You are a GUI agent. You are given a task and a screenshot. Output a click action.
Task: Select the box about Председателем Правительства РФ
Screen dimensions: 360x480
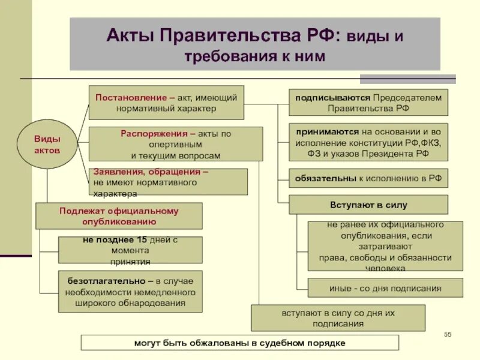coord(368,103)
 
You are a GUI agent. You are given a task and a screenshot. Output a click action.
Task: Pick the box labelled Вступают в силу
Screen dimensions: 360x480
coord(368,205)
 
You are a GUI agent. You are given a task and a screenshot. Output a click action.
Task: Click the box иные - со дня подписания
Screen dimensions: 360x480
coord(385,288)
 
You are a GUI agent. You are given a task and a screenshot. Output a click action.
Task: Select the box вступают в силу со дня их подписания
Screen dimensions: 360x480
coord(338,318)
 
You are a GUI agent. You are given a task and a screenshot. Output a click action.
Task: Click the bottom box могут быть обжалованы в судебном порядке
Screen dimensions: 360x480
coord(239,343)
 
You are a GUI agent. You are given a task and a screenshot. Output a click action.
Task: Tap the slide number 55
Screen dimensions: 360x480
coord(448,334)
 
